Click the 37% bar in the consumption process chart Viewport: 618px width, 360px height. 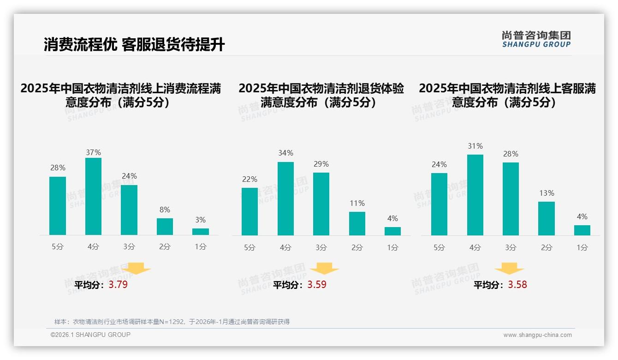[x=93, y=196]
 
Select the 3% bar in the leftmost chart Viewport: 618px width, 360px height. [x=201, y=232]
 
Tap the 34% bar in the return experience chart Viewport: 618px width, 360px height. [x=285, y=198]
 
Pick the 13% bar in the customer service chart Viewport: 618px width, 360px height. [x=547, y=218]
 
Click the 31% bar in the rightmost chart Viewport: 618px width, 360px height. [x=475, y=195]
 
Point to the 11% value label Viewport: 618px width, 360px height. [x=357, y=203]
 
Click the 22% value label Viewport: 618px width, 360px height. [x=250, y=179]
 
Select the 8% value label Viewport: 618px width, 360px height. [x=165, y=209]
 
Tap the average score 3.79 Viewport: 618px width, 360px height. [x=118, y=285]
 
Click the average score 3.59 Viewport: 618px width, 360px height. [x=317, y=285]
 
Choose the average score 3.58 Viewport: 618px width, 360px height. [x=517, y=285]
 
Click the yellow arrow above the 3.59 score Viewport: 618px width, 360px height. [x=324, y=269]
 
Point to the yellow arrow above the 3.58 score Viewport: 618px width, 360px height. [x=509, y=269]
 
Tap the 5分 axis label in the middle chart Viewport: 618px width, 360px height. [x=250, y=248]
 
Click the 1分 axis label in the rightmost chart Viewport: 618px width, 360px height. [x=582, y=248]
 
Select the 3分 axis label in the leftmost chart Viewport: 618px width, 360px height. [x=129, y=247]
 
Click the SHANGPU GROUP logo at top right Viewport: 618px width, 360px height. [x=536, y=39]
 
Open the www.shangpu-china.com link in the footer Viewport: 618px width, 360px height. [x=537, y=335]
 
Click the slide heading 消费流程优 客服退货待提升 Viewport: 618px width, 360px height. [x=134, y=45]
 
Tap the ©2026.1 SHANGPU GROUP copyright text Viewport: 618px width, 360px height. [x=90, y=335]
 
